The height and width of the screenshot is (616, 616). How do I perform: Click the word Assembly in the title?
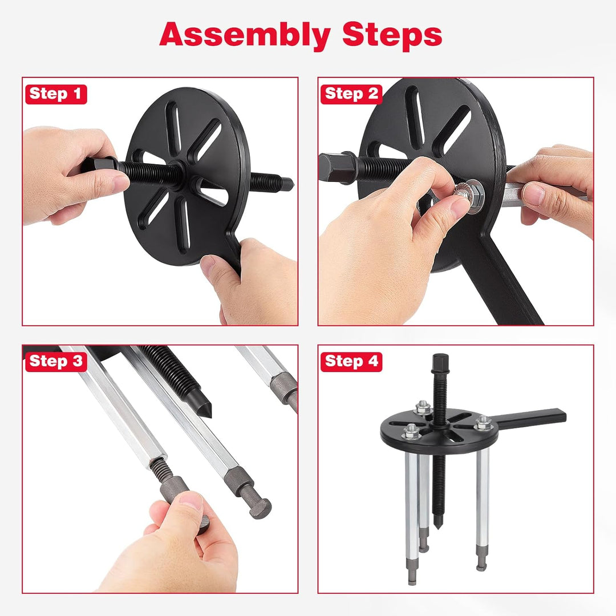click(245, 36)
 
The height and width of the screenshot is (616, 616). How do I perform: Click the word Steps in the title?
click(392, 35)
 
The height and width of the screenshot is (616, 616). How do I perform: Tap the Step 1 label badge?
click(56, 94)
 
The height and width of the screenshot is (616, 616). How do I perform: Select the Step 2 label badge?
click(351, 94)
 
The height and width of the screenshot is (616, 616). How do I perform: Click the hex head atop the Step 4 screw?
click(440, 363)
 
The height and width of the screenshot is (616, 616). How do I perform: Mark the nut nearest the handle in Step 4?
click(483, 423)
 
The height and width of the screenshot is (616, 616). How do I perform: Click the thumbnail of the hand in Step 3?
click(191, 501)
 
